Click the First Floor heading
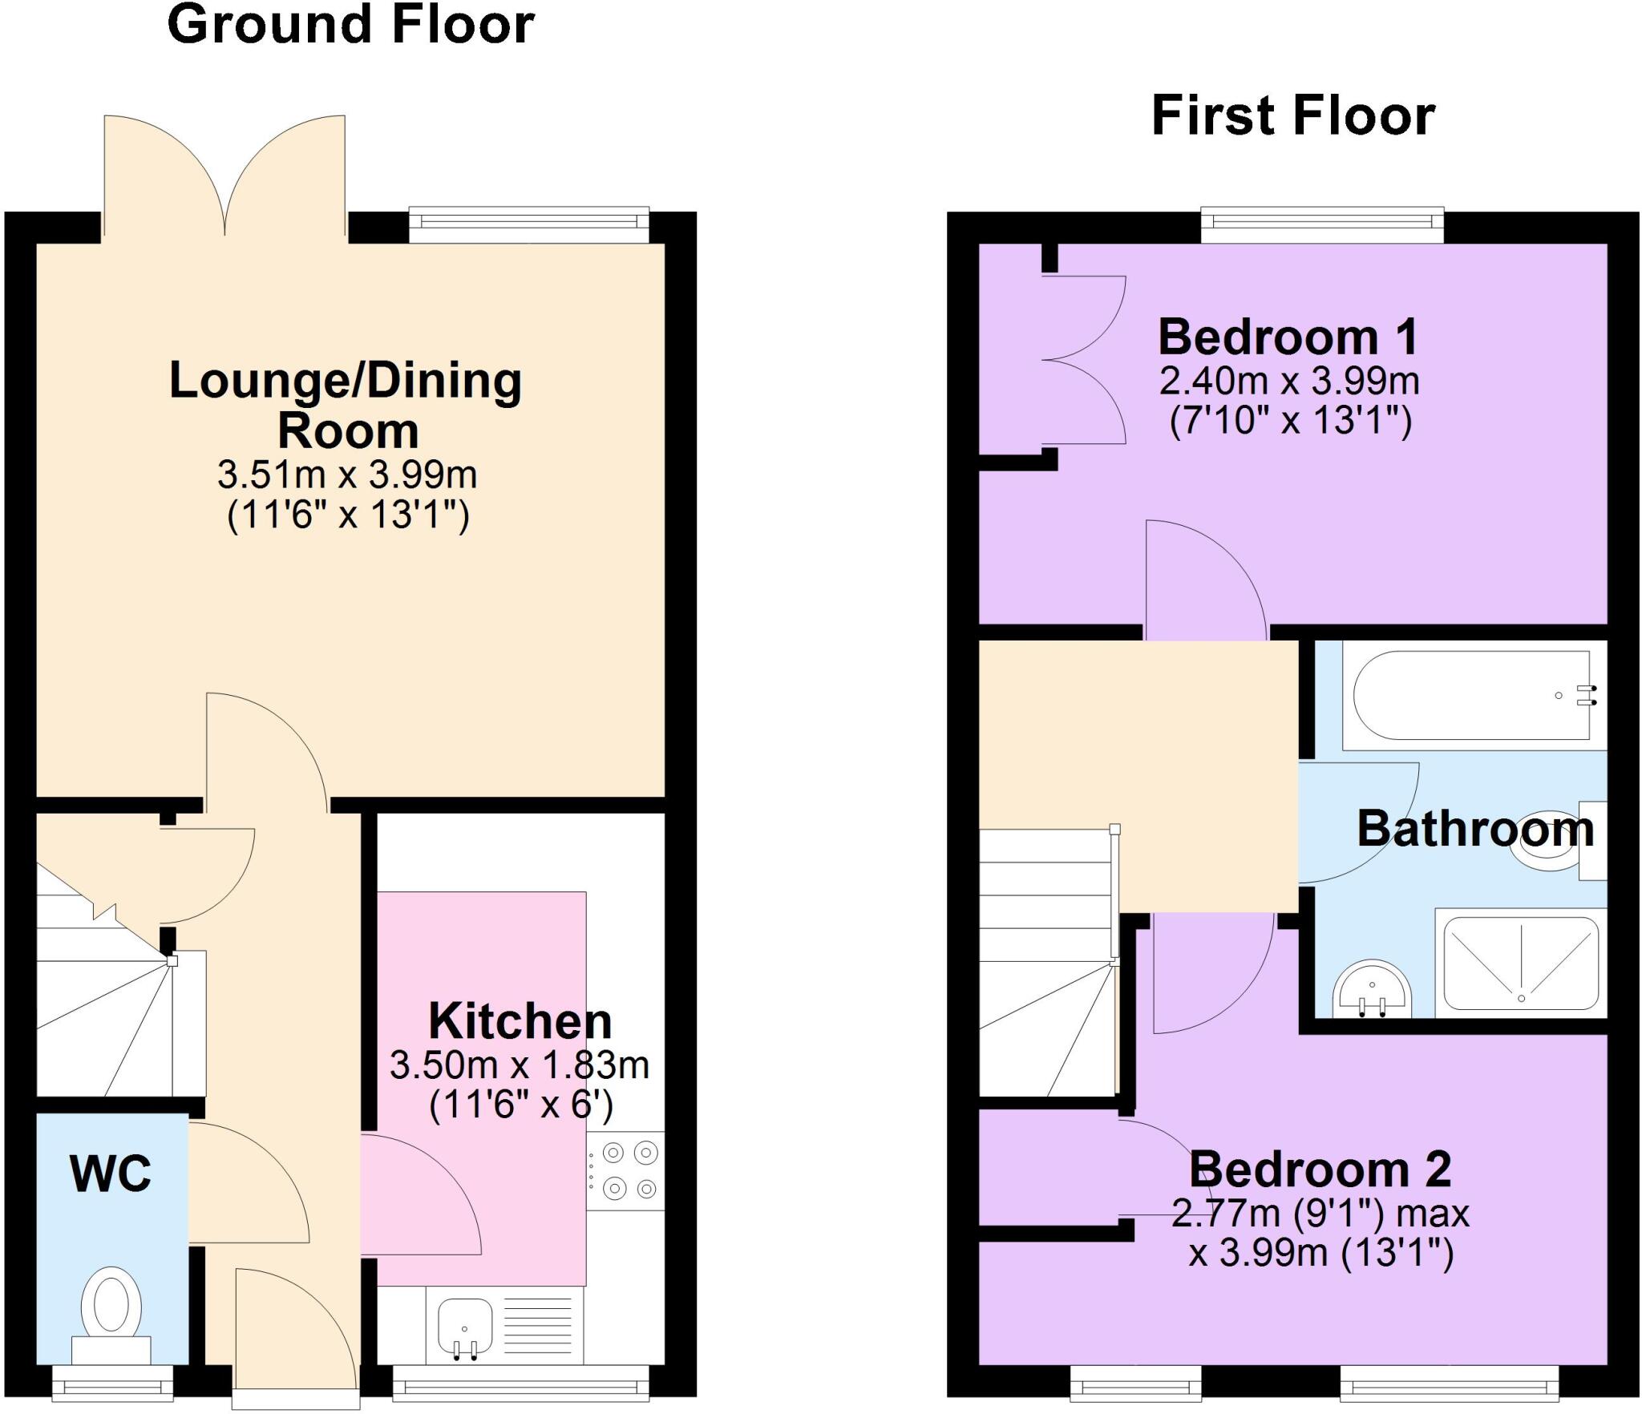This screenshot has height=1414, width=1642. pyautogui.click(x=1292, y=116)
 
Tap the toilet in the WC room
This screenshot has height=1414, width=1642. pyautogui.click(x=112, y=1308)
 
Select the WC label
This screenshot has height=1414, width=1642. pyautogui.click(x=111, y=1174)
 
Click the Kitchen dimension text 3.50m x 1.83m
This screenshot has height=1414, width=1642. pyautogui.click(x=519, y=1065)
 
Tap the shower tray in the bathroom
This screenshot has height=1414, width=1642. pyautogui.click(x=1521, y=964)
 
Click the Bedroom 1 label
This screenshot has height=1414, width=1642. pyautogui.click(x=1288, y=337)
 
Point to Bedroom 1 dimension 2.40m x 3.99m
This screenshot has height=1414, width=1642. pyautogui.click(x=1289, y=382)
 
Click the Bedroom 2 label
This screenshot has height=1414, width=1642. pyautogui.click(x=1320, y=1170)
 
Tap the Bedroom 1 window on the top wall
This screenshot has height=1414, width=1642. pyautogui.click(x=1322, y=226)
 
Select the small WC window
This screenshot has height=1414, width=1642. pyautogui.click(x=112, y=1382)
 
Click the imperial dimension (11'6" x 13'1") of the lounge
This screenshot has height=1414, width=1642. pyautogui.click(x=348, y=515)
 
